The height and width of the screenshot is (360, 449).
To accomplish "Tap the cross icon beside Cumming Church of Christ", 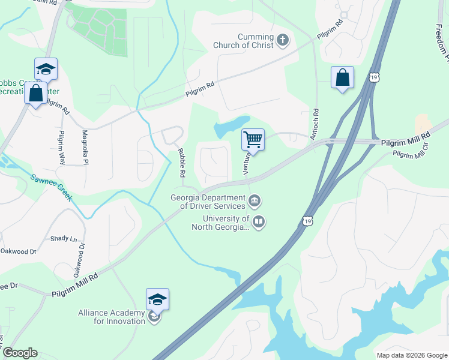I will coord(283,41).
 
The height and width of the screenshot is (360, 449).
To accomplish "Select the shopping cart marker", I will coord(253,140).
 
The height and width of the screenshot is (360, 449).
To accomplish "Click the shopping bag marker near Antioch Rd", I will coord(342,78).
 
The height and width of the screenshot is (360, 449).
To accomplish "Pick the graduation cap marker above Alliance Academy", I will coord(157,299).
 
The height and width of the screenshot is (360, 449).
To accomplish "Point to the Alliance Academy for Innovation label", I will coord(112,317).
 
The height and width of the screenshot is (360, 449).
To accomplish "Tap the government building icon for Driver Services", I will coord(255,200).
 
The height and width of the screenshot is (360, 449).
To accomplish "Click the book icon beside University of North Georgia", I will coord(259,222).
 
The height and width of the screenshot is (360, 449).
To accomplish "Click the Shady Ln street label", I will coord(64,238).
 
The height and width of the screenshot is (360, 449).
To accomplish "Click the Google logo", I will coord(20,353).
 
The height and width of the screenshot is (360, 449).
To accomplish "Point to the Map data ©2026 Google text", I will coord(411,355).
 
